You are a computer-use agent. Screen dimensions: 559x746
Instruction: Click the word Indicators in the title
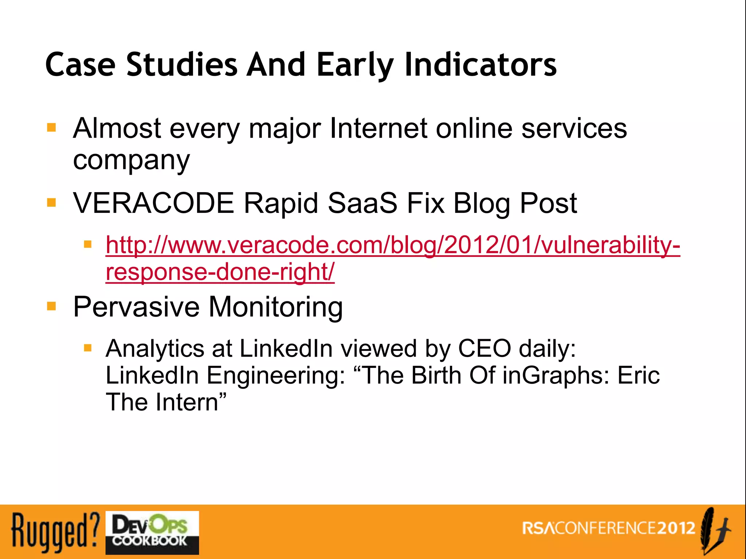pos(480,65)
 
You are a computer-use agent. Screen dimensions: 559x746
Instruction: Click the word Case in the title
pos(81,65)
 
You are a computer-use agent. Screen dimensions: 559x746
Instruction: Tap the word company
pos(131,160)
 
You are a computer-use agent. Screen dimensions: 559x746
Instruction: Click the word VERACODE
pos(153,203)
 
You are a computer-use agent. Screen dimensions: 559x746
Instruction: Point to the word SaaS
pos(362,203)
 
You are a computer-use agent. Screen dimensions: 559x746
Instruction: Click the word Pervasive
pos(136,307)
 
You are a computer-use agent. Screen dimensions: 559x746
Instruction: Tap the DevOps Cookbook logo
pos(152,532)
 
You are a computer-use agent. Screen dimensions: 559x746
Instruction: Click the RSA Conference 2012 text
pos(608,528)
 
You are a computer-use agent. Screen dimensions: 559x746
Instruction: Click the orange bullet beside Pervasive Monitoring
pos(52,306)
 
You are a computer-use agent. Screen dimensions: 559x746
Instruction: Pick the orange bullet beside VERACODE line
pos(52,202)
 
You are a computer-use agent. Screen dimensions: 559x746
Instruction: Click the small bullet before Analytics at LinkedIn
pos(87,348)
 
